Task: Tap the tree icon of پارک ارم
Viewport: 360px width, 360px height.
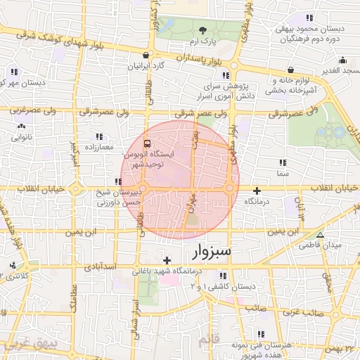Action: (203, 30)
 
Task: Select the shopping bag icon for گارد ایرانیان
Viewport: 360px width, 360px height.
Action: (146, 56)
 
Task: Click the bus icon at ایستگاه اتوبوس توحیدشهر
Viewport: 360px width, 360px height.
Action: (136, 145)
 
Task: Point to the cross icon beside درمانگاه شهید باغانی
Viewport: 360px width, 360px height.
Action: (167, 261)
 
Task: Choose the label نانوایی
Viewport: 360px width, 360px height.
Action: (22, 137)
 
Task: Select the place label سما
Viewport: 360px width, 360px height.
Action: (283, 172)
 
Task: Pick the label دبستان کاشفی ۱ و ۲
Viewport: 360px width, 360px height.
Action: (220, 287)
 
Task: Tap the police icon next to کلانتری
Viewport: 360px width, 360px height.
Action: (13, 266)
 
